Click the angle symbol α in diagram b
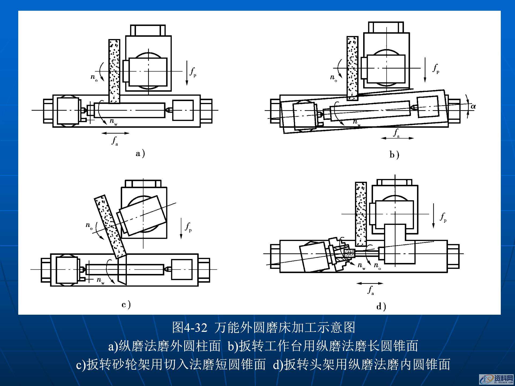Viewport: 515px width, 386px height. click(473, 106)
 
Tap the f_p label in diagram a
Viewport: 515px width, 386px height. click(193, 72)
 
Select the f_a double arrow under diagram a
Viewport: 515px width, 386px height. click(116, 133)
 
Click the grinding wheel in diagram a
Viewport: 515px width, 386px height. click(114, 71)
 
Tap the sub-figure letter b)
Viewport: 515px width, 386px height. click(394, 155)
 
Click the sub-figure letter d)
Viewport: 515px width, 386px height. click(381, 306)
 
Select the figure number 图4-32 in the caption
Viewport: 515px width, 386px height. click(189, 328)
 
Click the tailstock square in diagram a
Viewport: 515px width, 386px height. click(183, 110)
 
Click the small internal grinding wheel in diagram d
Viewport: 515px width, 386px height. click(349, 253)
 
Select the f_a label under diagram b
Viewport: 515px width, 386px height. click(396, 133)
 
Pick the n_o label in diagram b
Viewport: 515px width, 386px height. click(333, 78)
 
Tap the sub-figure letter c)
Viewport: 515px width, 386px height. click(126, 305)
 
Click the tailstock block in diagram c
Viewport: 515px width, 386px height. click(182, 269)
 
